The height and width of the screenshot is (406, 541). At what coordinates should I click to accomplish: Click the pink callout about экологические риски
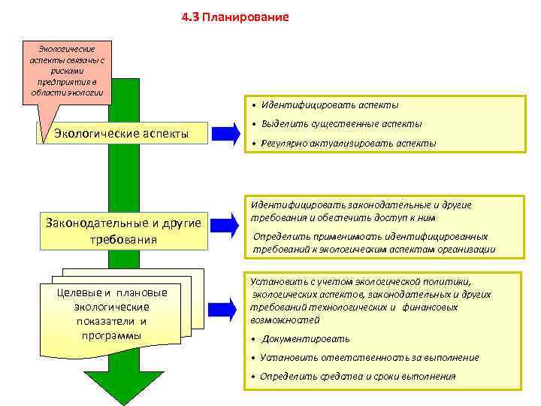pyautogui.click(x=68, y=72)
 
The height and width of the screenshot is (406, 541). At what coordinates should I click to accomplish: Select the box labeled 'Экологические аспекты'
pyautogui.click(x=121, y=134)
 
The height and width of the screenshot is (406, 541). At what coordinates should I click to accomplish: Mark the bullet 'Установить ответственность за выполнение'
pyautogui.click(x=369, y=357)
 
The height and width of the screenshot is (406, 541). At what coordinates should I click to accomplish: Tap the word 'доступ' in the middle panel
pyautogui.click(x=394, y=218)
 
